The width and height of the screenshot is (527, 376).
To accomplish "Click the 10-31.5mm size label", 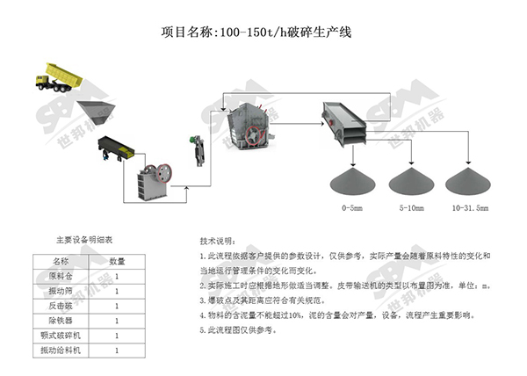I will coord(470,209).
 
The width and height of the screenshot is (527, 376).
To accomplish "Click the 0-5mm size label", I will coord(353,209).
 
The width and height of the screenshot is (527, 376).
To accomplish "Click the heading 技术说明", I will coord(218,239).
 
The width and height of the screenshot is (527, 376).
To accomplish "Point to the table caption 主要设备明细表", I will coord(84,239).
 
